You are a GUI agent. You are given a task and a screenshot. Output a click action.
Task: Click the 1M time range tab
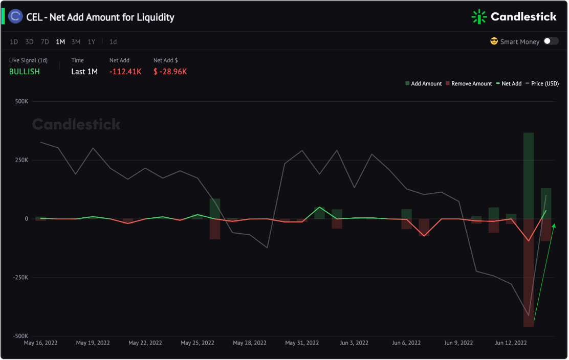pyautogui.click(x=60, y=42)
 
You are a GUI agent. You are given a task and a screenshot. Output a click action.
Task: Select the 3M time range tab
pyautogui.click(x=76, y=42)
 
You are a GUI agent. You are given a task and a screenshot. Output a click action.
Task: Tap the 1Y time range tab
pyautogui.click(x=91, y=42)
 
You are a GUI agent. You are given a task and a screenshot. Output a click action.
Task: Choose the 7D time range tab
pyautogui.click(x=45, y=42)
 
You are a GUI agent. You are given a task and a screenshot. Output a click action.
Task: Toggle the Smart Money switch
pyautogui.click(x=551, y=41)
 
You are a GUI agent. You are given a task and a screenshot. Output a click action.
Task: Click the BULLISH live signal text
pyautogui.click(x=25, y=72)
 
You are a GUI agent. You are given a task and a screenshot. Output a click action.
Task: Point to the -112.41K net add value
pyautogui.click(x=125, y=72)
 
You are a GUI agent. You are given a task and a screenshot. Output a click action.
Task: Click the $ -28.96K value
pyautogui.click(x=170, y=72)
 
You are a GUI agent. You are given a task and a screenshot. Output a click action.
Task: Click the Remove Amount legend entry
pyautogui.click(x=468, y=83)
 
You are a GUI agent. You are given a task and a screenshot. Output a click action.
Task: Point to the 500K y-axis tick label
pyautogui.click(x=21, y=101)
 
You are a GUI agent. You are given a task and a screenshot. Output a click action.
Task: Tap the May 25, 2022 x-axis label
pyautogui.click(x=198, y=343)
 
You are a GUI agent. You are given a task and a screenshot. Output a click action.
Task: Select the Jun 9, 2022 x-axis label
pyautogui.click(x=459, y=343)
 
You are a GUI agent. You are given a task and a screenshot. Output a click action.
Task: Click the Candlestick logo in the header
pyautogui.click(x=514, y=17)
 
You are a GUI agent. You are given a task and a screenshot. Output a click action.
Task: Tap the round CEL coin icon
pyautogui.click(x=16, y=17)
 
